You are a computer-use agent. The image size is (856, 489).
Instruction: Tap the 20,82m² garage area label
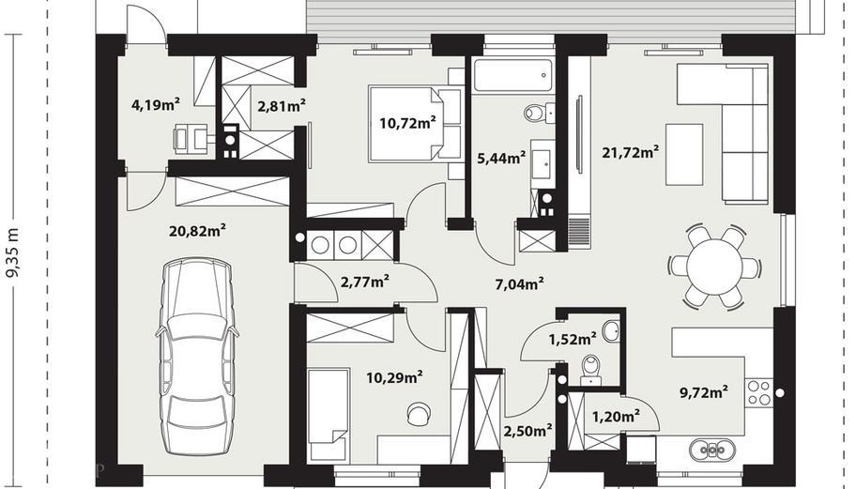click(x=198, y=231)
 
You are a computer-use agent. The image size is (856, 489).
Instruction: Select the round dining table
click(x=714, y=267)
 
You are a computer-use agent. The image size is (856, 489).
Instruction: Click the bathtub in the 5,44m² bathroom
click(x=512, y=75)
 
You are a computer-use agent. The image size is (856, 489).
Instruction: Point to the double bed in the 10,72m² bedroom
click(x=414, y=123)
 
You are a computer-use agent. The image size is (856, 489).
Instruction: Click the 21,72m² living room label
click(x=631, y=152)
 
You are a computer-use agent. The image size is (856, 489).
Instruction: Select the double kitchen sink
click(x=711, y=450)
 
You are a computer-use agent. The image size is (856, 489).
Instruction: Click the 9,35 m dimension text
click(x=12, y=252)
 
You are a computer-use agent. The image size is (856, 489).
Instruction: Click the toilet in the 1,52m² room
click(x=590, y=370)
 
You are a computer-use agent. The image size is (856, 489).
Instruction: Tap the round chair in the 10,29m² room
click(x=419, y=413)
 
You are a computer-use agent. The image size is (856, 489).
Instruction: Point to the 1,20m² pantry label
click(x=616, y=418)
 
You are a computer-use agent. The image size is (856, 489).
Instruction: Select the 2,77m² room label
click(x=365, y=283)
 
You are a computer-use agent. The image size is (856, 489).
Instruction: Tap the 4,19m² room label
click(x=156, y=105)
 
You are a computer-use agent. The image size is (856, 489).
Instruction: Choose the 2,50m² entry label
click(x=527, y=431)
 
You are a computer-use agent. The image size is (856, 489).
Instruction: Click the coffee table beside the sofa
click(x=684, y=155)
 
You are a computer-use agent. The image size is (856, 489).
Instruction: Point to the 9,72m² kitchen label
click(x=704, y=391)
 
